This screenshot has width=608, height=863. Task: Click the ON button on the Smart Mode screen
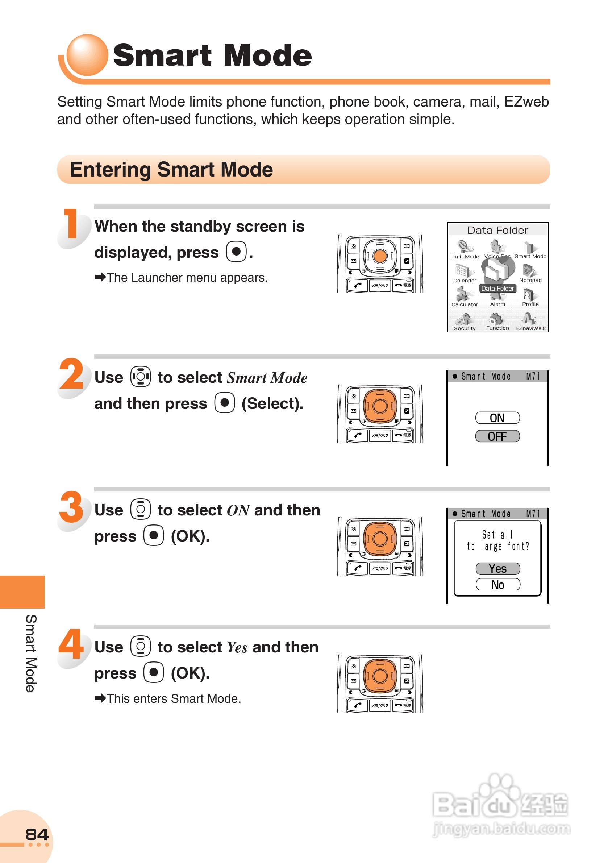pyautogui.click(x=497, y=418)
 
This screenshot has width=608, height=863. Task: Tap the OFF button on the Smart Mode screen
pyautogui.click(x=497, y=436)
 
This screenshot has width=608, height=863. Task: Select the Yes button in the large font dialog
pyautogui.click(x=497, y=568)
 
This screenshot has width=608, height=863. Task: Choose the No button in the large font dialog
pyautogui.click(x=497, y=585)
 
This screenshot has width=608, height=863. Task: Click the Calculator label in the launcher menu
pyautogui.click(x=465, y=304)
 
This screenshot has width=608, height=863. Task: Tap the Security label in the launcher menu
pyautogui.click(x=465, y=328)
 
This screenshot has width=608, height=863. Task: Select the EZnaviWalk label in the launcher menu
pyautogui.click(x=530, y=328)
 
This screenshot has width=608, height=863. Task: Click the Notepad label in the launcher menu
pyautogui.click(x=530, y=280)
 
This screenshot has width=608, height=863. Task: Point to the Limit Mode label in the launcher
pyautogui.click(x=465, y=256)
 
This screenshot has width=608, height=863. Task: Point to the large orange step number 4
pyautogui.click(x=71, y=644)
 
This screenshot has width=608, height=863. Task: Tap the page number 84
pyautogui.click(x=37, y=834)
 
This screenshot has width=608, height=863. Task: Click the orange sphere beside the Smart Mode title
pyautogui.click(x=87, y=55)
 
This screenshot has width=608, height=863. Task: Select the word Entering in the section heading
pyautogui.click(x=111, y=170)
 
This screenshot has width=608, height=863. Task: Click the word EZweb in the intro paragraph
pyautogui.click(x=526, y=102)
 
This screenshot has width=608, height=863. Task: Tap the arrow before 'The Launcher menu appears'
pyautogui.click(x=100, y=277)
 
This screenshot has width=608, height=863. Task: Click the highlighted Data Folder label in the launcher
pyautogui.click(x=497, y=288)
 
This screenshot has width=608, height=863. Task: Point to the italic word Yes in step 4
pyautogui.click(x=237, y=648)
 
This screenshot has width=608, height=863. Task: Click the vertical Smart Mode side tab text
pyautogui.click(x=31, y=653)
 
